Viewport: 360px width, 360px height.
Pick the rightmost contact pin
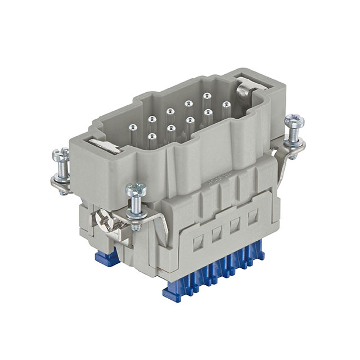pyautogui.click(x=226, y=105)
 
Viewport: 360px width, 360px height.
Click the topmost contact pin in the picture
pyautogui.click(x=206, y=96)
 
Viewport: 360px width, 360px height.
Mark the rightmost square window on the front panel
pyautogui.click(x=254, y=214)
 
